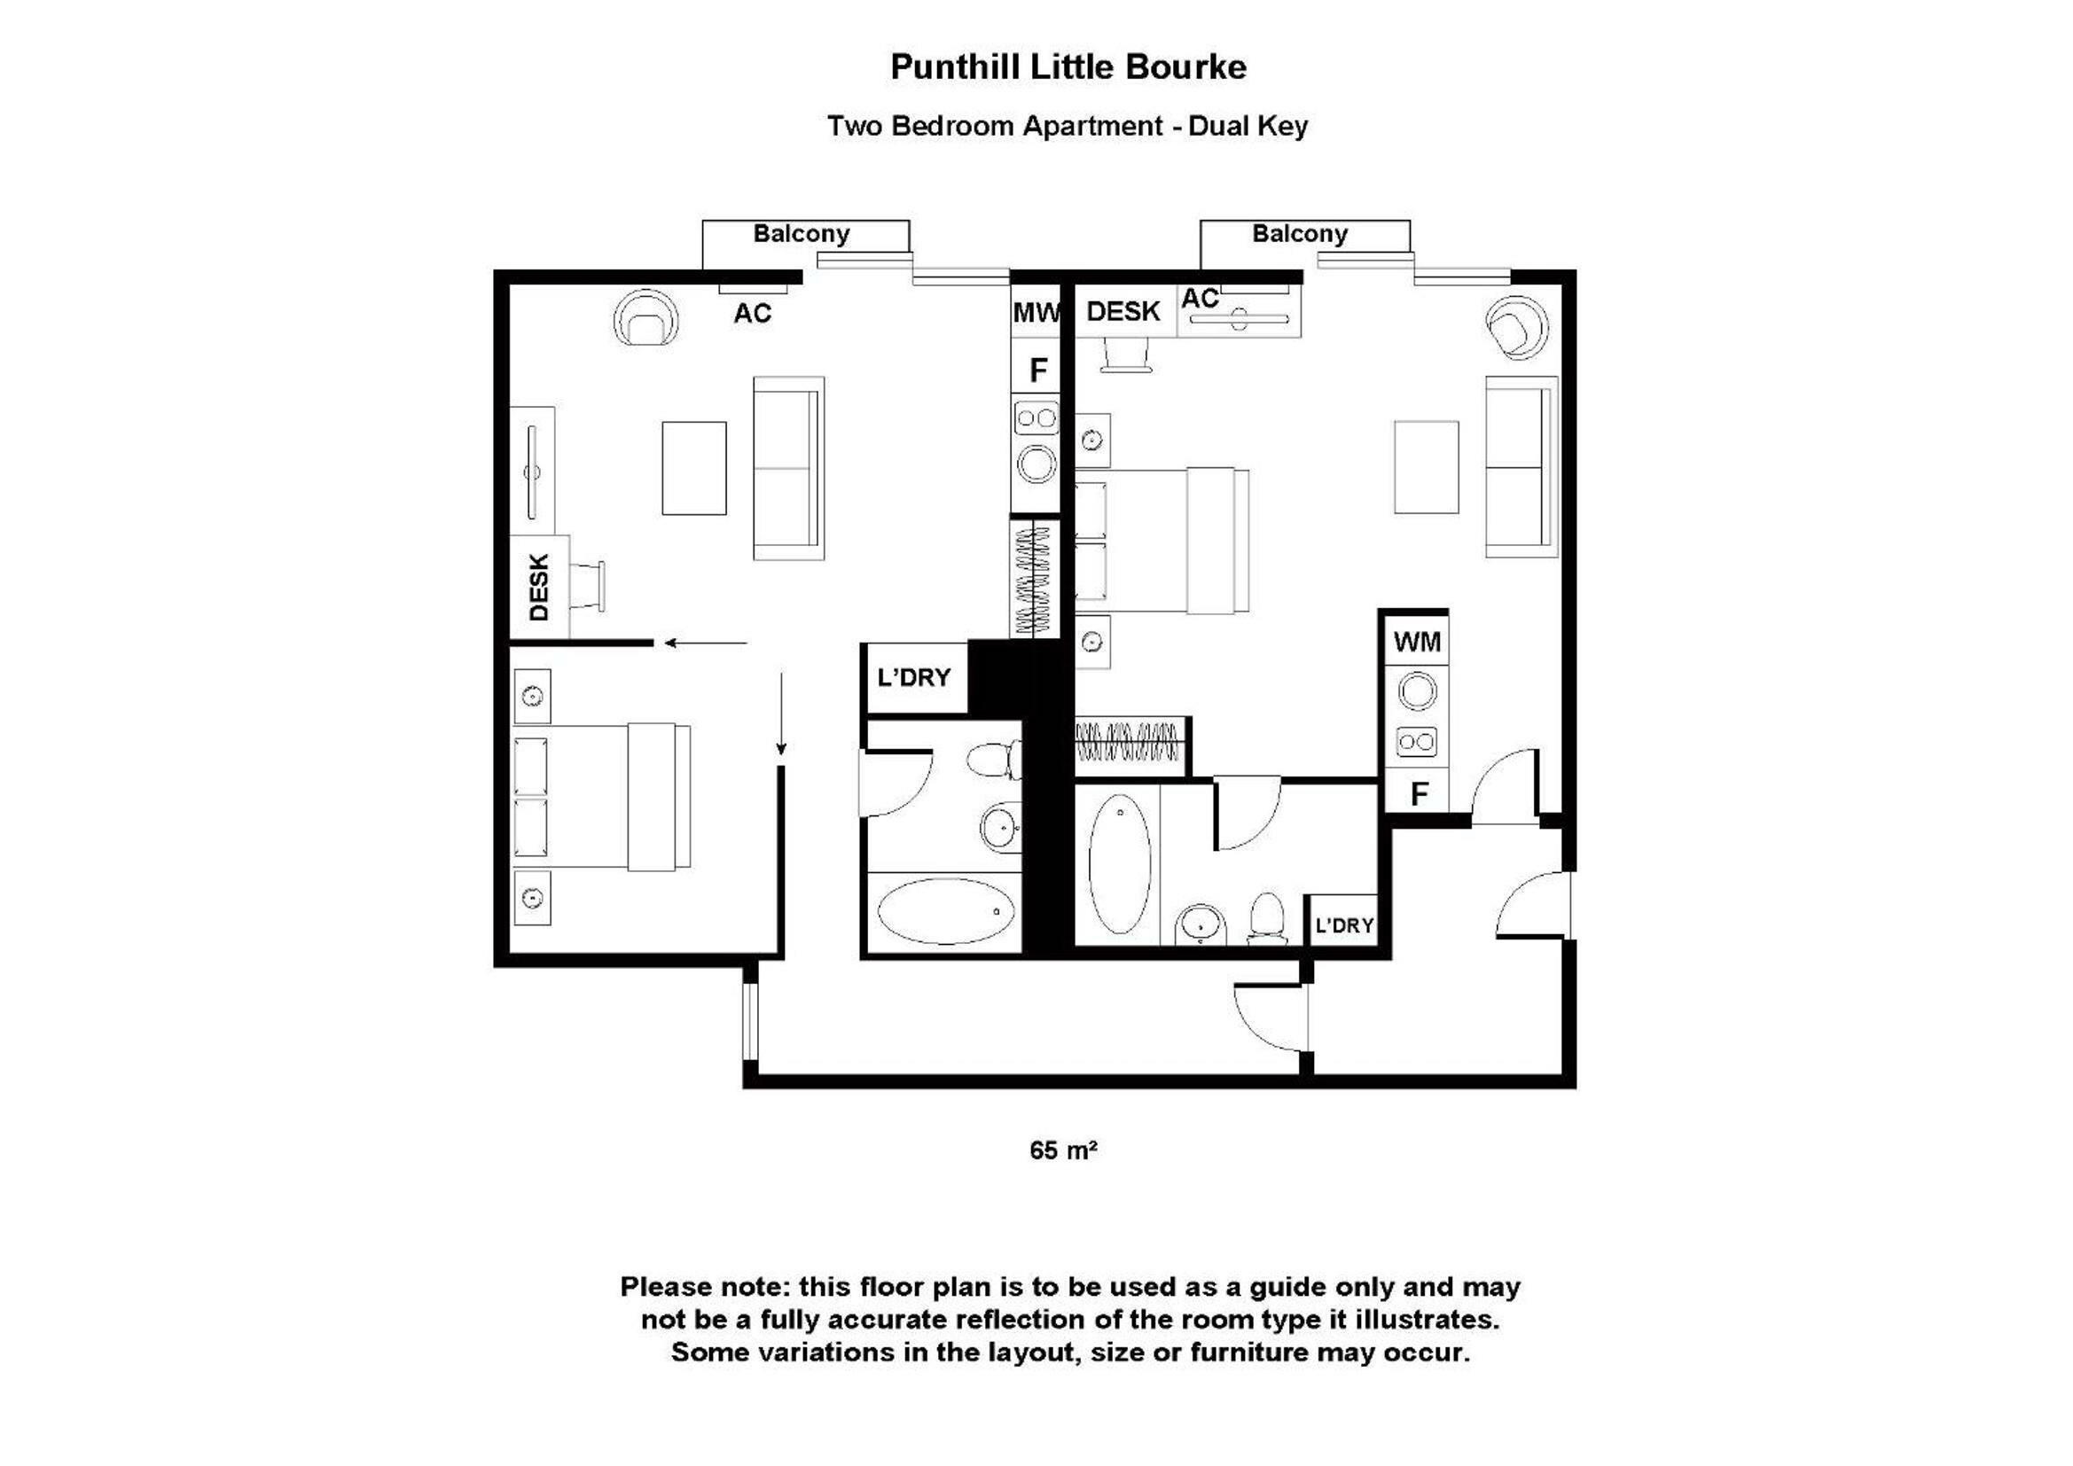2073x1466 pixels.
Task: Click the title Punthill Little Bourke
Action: [1068, 67]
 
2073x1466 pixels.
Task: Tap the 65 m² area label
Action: [1063, 1150]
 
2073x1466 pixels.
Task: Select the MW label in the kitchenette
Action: [1036, 313]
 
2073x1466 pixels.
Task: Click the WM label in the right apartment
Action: [1417, 642]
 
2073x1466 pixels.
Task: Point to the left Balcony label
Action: [801, 234]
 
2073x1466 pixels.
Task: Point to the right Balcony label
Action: [1299, 234]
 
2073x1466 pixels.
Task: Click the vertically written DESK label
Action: [539, 587]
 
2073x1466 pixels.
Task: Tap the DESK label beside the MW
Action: [1123, 311]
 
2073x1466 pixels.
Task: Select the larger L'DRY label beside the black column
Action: [914, 677]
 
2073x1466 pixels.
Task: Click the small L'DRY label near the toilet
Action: [1343, 925]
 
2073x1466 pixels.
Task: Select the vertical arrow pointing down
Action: [781, 714]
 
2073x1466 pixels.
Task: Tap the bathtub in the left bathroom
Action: [945, 911]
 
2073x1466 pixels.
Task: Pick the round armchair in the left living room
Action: [645, 319]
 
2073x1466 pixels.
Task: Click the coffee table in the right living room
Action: [1426, 467]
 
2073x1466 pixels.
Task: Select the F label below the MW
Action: [1038, 370]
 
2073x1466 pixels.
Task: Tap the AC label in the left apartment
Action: [752, 313]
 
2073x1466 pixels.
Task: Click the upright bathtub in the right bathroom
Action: [1120, 864]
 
